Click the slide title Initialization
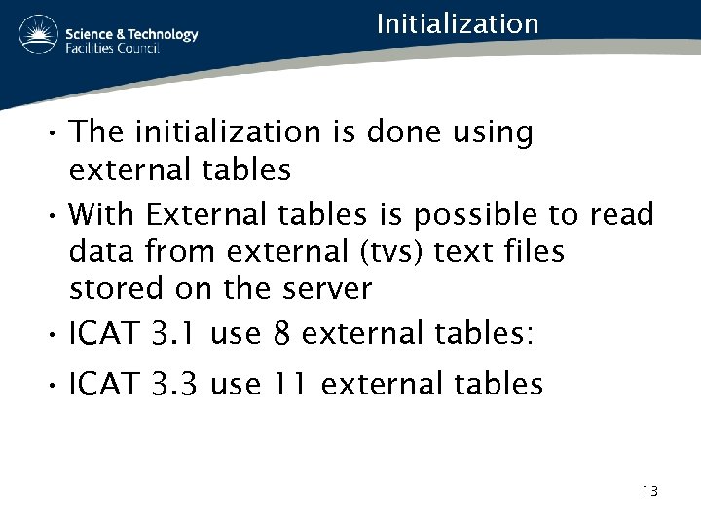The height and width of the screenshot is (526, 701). tap(457, 23)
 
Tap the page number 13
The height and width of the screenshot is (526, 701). tap(649, 490)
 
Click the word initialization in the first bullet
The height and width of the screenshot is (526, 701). tap(247, 132)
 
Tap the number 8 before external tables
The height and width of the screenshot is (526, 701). tap(282, 335)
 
